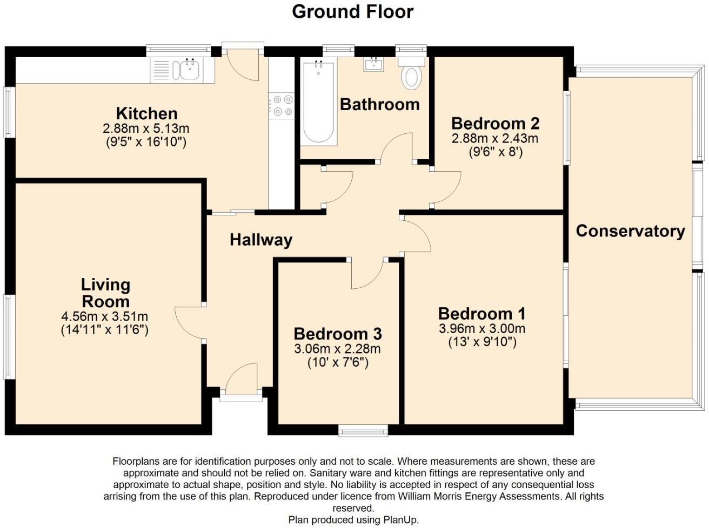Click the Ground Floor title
point(352,11)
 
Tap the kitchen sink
point(189,70)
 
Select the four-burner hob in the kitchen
point(282,105)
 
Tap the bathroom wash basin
point(374,65)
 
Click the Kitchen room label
point(146,113)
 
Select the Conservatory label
point(630,231)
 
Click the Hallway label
point(260,240)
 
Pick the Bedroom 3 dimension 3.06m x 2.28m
point(337,349)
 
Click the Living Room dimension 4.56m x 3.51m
point(105,316)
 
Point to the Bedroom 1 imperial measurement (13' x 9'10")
point(482,342)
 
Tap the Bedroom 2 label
point(495,123)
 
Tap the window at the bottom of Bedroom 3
point(363,430)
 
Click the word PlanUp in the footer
point(400,520)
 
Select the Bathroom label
point(379,104)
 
